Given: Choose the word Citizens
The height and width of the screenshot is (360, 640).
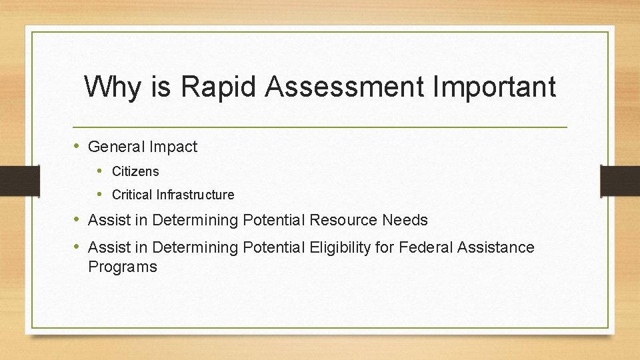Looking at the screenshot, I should (135, 171).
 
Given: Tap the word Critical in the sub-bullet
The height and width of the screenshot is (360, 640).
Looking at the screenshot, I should (132, 195).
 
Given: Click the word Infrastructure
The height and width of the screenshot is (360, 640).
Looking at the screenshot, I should (195, 195).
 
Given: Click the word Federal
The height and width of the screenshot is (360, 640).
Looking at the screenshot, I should (426, 247).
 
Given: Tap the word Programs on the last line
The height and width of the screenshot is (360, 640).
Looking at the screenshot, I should (123, 267).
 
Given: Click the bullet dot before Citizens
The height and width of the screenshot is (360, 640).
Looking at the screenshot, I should (100, 171).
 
